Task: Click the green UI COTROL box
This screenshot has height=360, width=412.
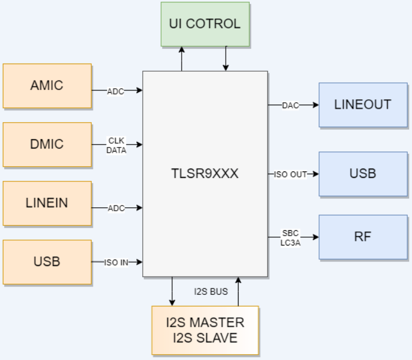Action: [x=205, y=24]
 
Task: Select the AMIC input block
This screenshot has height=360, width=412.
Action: [x=47, y=86]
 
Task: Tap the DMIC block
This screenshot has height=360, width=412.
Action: [x=47, y=144]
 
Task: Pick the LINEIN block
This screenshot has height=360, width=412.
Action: [x=47, y=203]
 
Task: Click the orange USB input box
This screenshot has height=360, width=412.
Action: [x=47, y=261]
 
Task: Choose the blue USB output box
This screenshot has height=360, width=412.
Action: [x=363, y=174]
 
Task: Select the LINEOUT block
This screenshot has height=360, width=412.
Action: [x=363, y=105]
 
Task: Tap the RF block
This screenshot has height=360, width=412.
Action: [x=363, y=237]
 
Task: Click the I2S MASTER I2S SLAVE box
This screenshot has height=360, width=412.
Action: [x=205, y=330]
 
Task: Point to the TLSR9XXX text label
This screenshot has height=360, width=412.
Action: [x=205, y=174]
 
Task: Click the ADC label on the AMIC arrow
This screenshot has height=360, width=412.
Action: [x=115, y=90]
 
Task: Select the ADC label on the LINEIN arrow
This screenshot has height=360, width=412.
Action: [x=115, y=207]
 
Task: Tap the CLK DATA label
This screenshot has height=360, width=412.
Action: [x=115, y=144]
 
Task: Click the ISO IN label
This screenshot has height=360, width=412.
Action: [x=116, y=263]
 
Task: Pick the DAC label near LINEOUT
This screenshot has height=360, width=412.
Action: [x=290, y=105]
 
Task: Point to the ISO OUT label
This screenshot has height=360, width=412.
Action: [x=290, y=174]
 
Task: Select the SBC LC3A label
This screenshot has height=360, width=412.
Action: [x=291, y=237]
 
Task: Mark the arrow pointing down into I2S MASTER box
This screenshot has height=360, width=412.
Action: [x=172, y=291]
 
